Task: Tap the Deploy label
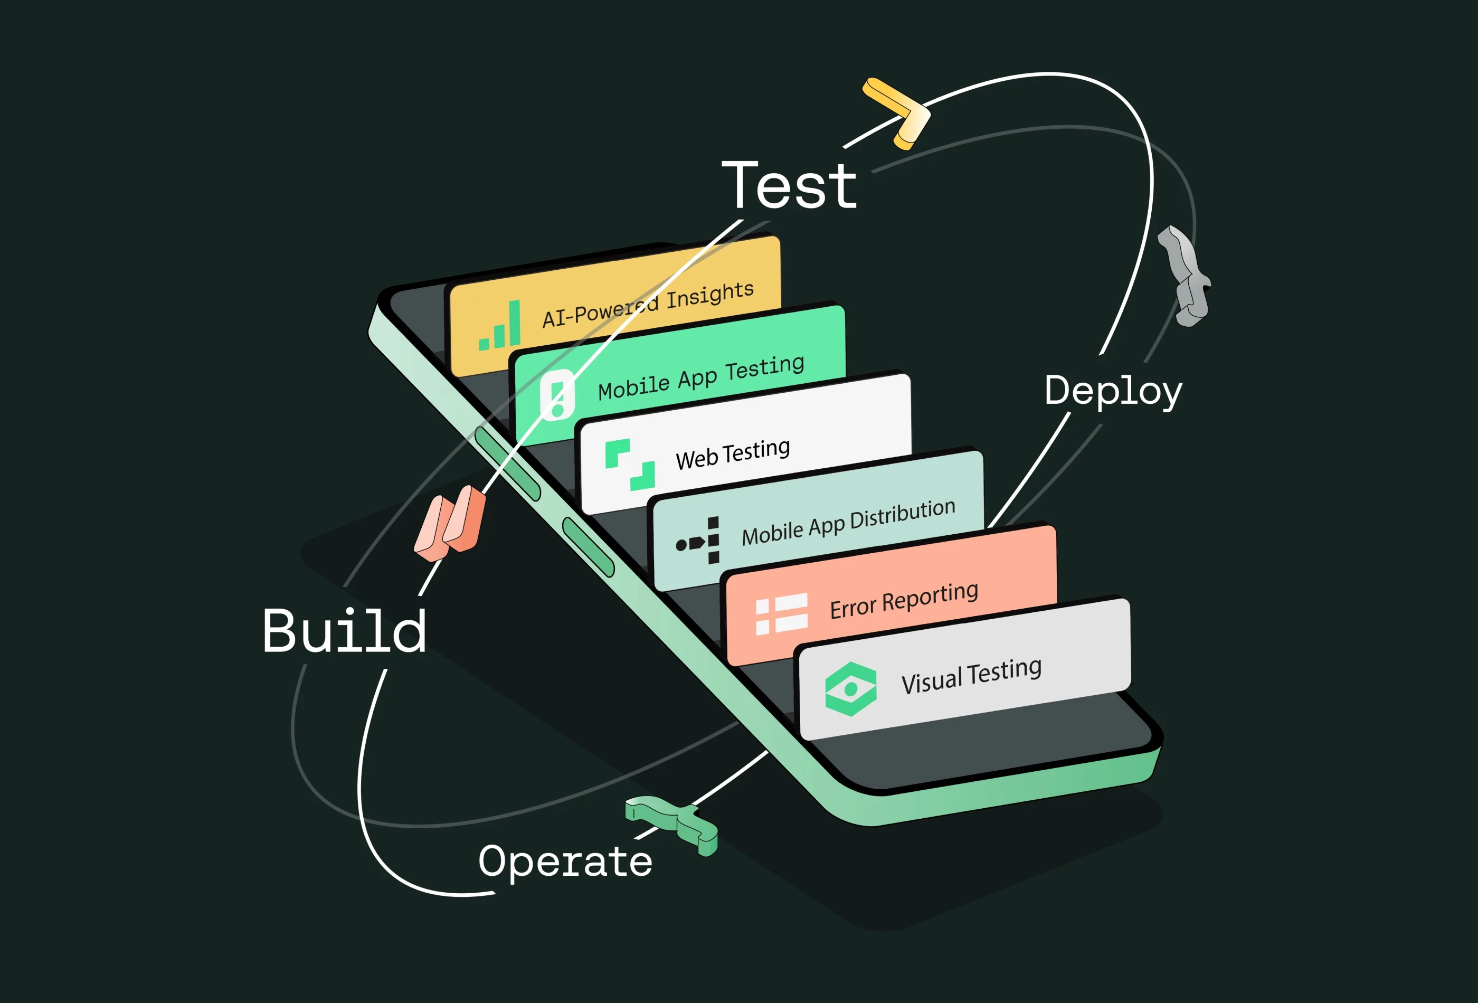click(x=1113, y=391)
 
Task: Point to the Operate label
click(x=565, y=862)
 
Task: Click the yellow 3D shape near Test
click(x=897, y=112)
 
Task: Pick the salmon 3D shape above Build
click(x=450, y=523)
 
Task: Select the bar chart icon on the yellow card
click(x=500, y=327)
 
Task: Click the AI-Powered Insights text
click(x=648, y=304)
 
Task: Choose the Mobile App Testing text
click(x=701, y=377)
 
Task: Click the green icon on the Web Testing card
click(x=630, y=465)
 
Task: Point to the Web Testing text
click(x=733, y=453)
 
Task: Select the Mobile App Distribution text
click(x=848, y=522)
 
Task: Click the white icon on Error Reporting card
click(x=781, y=614)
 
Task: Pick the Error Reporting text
click(x=904, y=600)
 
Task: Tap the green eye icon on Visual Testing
click(x=850, y=689)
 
